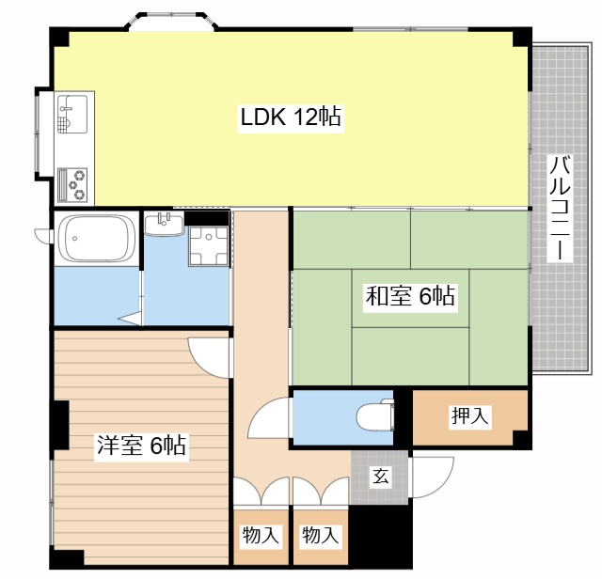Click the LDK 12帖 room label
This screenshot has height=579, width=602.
(291, 117)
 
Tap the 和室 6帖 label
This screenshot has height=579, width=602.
(410, 296)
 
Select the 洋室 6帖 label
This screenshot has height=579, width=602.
(141, 446)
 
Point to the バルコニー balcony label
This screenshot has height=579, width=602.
(560, 208)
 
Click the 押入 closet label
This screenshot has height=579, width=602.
(470, 415)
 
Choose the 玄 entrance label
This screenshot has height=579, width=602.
(380, 477)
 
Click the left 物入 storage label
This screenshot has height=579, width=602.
(261, 535)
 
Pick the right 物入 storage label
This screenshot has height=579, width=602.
(320, 535)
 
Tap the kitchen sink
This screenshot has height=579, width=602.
(72, 115)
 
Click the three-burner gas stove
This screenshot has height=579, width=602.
(72, 185)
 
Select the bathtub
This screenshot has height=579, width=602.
(96, 239)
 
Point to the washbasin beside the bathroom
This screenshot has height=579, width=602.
(164, 225)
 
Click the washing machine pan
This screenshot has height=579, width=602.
(208, 245)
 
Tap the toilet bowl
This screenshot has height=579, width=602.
(375, 416)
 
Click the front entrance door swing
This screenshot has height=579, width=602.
(433, 477)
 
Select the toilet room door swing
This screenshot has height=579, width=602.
(270, 417)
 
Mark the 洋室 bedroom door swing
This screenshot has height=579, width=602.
(210, 357)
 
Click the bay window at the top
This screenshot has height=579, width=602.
(171, 21)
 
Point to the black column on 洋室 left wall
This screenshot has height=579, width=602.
(61, 425)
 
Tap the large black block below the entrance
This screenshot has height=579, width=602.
(380, 535)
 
